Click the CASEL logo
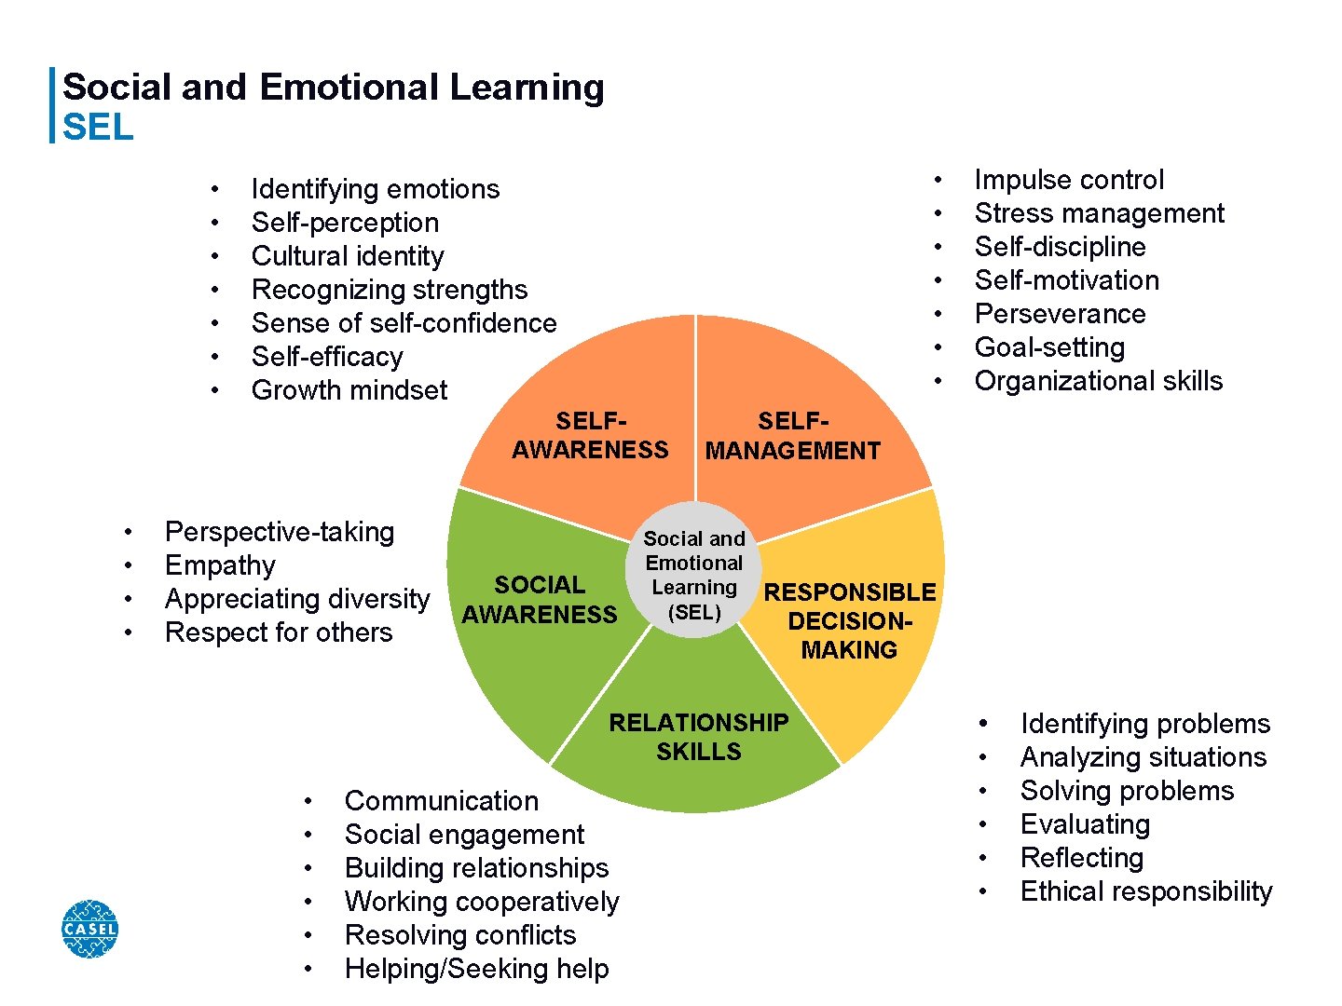(89, 929)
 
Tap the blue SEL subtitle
(98, 127)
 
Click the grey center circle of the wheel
(694, 570)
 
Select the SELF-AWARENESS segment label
(590, 436)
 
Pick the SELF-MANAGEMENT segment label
(792, 437)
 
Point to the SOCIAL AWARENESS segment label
(540, 600)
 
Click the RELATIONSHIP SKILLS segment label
(698, 737)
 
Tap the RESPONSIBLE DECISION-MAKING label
(849, 621)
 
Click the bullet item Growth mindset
(349, 390)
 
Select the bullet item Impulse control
(1069, 180)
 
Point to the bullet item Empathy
(220, 565)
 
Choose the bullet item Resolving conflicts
(460, 935)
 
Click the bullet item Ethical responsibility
(1145, 891)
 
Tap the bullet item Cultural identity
(348, 256)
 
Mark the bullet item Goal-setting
(1049, 347)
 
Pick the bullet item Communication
(442, 801)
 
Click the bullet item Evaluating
(1085, 824)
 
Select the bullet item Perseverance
(1060, 314)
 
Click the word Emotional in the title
(349, 88)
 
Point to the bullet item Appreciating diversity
(297, 599)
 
